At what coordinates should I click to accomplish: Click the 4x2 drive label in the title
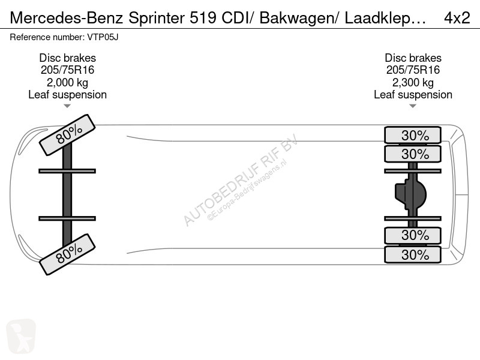pyautogui.click(x=457, y=18)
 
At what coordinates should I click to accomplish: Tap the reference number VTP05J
pyautogui.click(x=103, y=37)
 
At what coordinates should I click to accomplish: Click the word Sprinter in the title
pyautogui.click(x=157, y=19)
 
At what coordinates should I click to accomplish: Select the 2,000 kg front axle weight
pyautogui.click(x=67, y=83)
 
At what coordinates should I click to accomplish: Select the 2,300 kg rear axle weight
pyautogui.click(x=413, y=83)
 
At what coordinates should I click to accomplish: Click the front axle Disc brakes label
pyautogui.click(x=67, y=58)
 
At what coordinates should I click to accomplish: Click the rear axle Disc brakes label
pyautogui.click(x=413, y=58)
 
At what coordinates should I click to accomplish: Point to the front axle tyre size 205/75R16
pyautogui.click(x=67, y=70)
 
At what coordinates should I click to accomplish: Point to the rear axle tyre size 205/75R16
pyautogui.click(x=413, y=70)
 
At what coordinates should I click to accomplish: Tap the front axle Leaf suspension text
pyautogui.click(x=67, y=95)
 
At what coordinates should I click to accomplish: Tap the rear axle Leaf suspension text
pyautogui.click(x=413, y=95)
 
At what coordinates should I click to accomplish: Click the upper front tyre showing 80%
pyautogui.click(x=67, y=135)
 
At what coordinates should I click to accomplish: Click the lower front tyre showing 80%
pyautogui.click(x=67, y=254)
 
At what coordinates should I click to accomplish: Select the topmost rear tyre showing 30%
pyautogui.click(x=413, y=135)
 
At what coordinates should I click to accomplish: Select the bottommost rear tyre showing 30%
pyautogui.click(x=413, y=254)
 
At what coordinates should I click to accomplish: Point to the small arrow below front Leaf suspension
pyautogui.click(x=67, y=106)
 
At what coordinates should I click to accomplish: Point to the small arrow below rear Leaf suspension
pyautogui.click(x=413, y=106)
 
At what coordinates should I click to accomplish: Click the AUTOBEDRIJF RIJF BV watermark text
pyautogui.click(x=241, y=180)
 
